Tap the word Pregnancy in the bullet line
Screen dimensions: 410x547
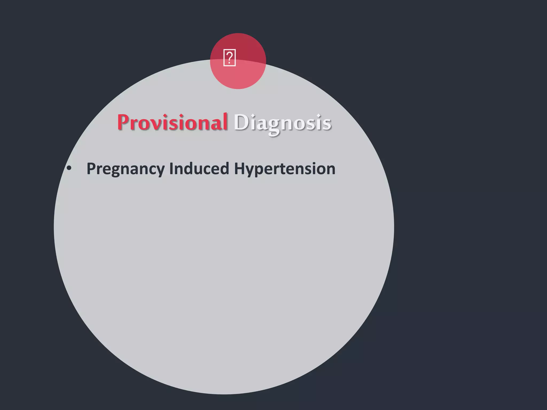pos(126,169)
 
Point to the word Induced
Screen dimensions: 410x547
pos(199,169)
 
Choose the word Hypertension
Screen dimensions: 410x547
pos(285,169)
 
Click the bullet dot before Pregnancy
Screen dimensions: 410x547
pos(69,168)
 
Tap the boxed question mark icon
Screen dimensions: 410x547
pos(229,58)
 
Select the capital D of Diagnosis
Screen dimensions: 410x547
pos(240,123)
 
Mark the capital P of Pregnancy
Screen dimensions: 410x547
pos(92,169)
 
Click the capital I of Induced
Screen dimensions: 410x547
pos(171,169)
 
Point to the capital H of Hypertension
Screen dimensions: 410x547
pos(240,169)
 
